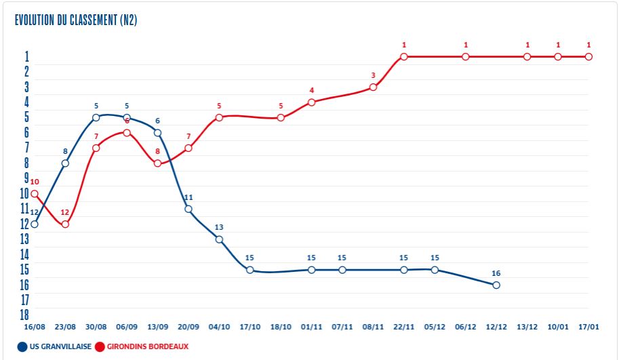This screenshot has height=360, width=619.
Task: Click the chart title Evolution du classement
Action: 76,20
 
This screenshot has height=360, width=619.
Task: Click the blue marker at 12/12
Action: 496,285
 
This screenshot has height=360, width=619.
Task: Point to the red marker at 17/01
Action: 588,56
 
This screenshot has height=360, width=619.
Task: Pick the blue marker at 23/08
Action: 65,163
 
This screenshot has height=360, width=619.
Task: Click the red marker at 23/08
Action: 65,224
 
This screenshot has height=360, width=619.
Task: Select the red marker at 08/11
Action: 373,87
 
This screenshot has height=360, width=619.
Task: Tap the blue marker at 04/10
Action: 219,239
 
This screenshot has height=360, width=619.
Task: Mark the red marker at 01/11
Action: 311,102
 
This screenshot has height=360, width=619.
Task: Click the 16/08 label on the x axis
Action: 35,327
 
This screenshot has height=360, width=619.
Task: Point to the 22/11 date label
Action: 404,327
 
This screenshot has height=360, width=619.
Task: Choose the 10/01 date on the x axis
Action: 558,327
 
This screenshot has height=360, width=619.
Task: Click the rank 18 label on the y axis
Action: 24,315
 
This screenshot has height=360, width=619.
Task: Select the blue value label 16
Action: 496,273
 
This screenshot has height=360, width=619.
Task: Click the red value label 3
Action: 373,75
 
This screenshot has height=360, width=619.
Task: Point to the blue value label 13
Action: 219,228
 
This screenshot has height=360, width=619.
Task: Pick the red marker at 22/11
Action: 404,56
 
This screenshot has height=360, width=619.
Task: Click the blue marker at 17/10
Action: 249,270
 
